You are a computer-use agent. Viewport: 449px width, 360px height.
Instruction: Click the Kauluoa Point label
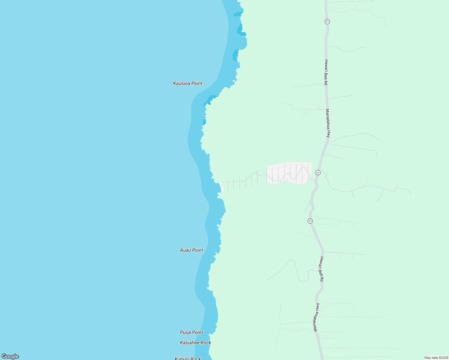tap(188, 83)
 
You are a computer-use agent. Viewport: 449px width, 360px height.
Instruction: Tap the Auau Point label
tap(191, 250)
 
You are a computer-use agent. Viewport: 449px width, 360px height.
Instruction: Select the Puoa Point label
tap(191, 332)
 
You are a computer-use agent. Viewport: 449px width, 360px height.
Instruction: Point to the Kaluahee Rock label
tap(195, 343)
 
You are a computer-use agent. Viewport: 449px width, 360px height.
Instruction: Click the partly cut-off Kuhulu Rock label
tap(188, 358)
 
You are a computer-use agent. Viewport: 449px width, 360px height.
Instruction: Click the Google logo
tap(10, 356)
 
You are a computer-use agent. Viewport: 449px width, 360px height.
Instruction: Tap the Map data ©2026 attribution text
tap(436, 358)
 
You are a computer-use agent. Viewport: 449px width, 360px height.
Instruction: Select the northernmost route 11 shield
tap(327, 22)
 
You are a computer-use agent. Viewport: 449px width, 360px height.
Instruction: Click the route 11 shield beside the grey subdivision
tap(318, 172)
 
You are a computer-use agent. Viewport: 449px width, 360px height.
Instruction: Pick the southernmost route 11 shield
tap(310, 221)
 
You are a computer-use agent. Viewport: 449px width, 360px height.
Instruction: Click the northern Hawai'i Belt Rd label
tap(326, 72)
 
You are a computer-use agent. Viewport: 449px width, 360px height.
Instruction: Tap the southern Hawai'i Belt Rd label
tap(321, 269)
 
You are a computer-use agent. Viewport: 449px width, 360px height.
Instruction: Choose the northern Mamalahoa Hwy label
tap(328, 123)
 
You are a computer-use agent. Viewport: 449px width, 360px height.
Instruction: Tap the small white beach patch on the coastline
tap(221, 187)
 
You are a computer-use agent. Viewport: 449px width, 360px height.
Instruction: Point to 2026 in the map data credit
tap(444, 358)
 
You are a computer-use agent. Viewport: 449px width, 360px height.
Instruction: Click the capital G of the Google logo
tap(4, 356)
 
